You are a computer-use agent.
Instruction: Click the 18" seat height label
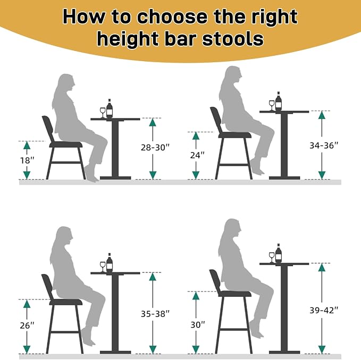pyautogui.click(x=27, y=160)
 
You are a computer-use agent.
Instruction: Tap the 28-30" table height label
pyautogui.click(x=155, y=148)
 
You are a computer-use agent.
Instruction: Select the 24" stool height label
pyautogui.click(x=197, y=155)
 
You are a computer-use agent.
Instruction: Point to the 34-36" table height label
pyautogui.click(x=324, y=145)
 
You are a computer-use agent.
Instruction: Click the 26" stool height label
pyautogui.click(x=27, y=325)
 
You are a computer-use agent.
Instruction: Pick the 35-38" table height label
pyautogui.click(x=155, y=314)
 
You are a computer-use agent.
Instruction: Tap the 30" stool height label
pyautogui.click(x=198, y=324)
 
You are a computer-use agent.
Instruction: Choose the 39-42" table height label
pyautogui.click(x=324, y=310)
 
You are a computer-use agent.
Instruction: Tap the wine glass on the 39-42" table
pyautogui.click(x=272, y=258)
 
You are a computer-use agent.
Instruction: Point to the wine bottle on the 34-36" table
pyautogui.click(x=279, y=101)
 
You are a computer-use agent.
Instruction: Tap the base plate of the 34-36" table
pyautogui.click(x=284, y=178)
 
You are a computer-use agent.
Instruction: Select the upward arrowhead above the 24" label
pyautogui.click(x=196, y=136)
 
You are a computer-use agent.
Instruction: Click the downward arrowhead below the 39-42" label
pyautogui.click(x=322, y=349)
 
